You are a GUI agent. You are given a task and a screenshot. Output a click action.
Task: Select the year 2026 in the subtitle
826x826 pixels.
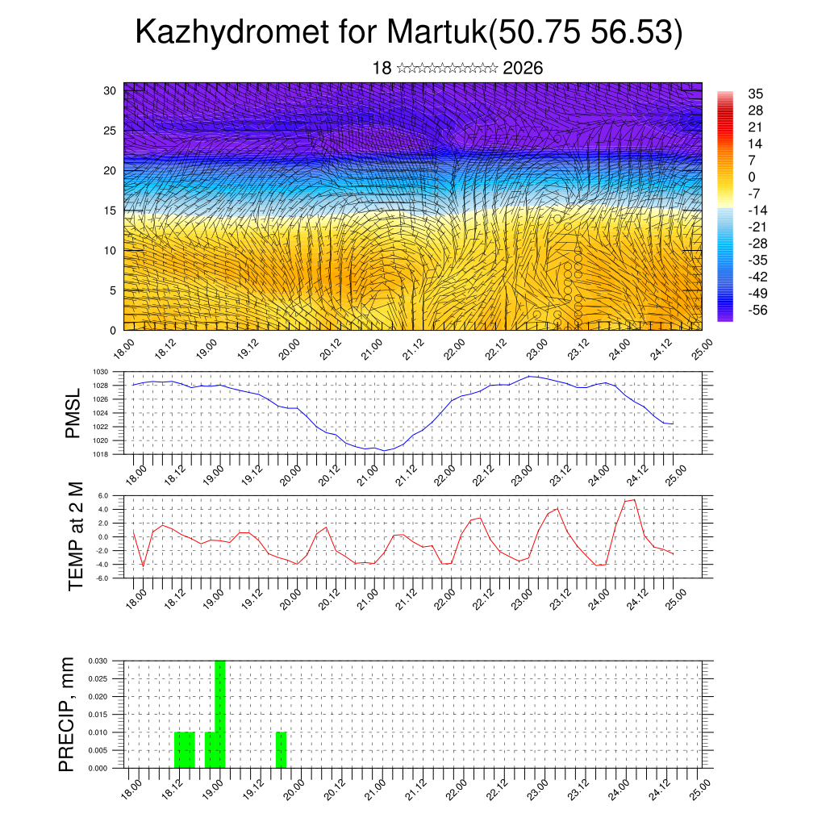click(x=523, y=68)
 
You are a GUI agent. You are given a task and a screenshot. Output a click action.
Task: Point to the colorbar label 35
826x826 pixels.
click(x=756, y=94)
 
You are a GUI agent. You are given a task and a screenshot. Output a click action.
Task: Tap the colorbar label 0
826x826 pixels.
click(x=752, y=177)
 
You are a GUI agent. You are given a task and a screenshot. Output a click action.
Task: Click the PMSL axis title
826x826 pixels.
click(x=73, y=413)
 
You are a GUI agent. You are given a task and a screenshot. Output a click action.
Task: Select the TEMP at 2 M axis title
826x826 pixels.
click(x=77, y=536)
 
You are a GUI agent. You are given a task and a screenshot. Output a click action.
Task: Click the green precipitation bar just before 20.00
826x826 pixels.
click(x=281, y=749)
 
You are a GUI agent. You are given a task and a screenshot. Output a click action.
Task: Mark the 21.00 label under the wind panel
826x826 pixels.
click(x=372, y=349)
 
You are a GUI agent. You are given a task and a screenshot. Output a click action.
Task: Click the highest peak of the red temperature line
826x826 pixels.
click(x=634, y=500)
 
